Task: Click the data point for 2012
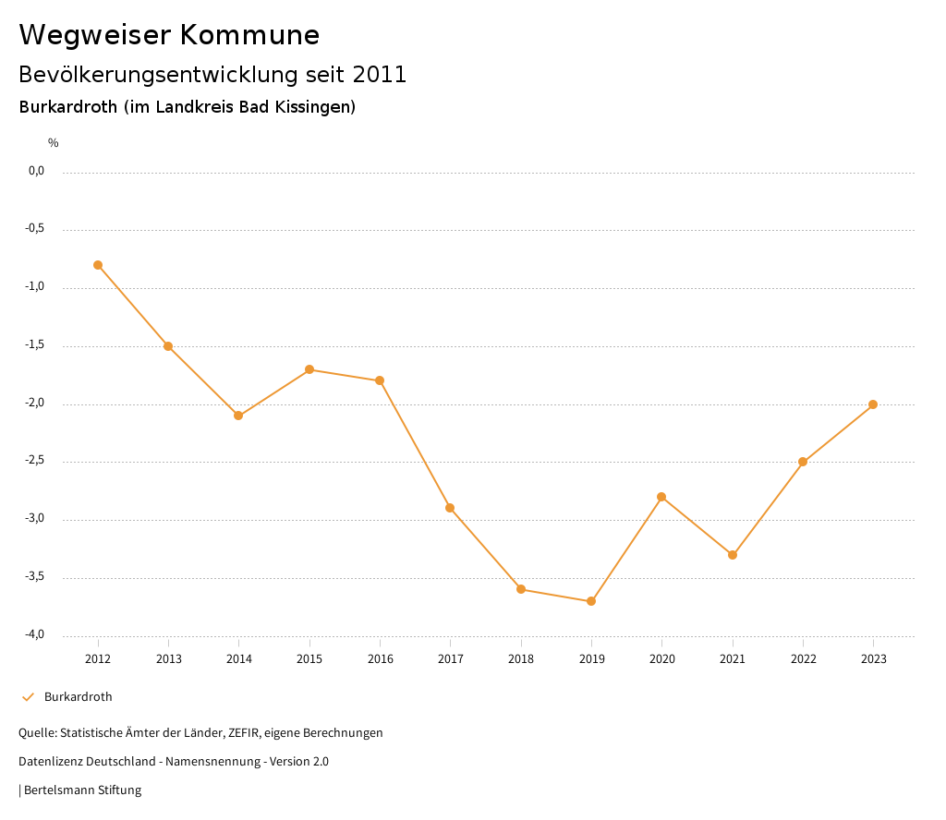98,265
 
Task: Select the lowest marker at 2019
591,601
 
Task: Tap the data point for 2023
873,404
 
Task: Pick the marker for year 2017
450,508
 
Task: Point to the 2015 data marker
309,369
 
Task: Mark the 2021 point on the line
733,555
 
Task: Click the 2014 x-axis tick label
239,659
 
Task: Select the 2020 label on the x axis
662,659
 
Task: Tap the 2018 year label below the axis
521,659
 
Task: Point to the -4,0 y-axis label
36,634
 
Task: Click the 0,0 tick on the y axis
37,171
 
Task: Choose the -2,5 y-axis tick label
36,461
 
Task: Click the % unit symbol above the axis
54,143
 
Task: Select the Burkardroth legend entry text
79,697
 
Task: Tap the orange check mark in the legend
28,697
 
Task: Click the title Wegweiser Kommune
169,35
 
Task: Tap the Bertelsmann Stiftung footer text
82,790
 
